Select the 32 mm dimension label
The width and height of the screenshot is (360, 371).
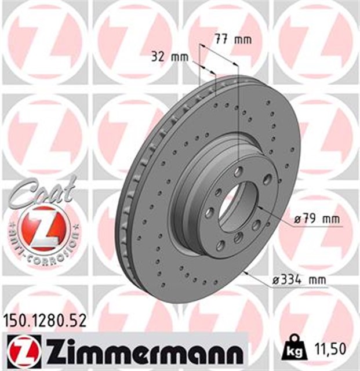(170, 57)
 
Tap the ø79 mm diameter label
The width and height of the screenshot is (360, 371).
(316, 220)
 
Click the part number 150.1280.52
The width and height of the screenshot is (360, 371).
(45, 318)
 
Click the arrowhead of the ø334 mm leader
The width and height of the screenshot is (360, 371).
(247, 271)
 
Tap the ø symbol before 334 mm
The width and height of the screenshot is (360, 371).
(275, 281)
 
